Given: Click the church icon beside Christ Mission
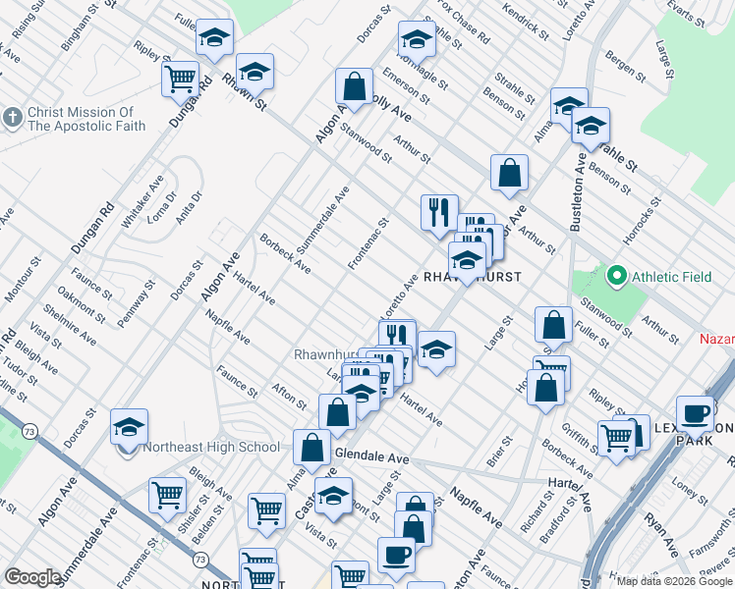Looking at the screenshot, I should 12,118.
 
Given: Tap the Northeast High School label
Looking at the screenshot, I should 212,448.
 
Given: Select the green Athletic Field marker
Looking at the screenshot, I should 617,277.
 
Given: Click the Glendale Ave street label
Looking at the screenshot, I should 371,457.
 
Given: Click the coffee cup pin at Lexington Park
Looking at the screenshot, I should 695,412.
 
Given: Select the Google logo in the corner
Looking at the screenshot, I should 31,577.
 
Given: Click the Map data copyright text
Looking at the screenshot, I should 674,581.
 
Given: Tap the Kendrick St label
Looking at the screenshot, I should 526,22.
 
